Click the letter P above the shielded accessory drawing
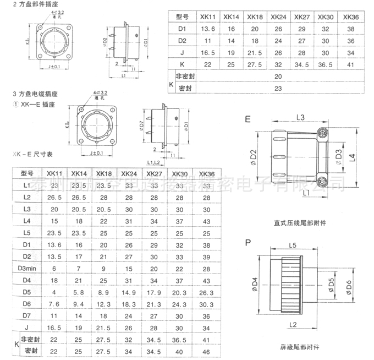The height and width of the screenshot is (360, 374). (248, 242)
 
